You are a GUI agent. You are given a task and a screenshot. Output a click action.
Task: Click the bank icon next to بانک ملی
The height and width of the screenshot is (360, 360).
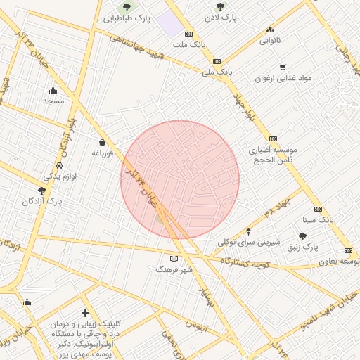(x=217, y=61)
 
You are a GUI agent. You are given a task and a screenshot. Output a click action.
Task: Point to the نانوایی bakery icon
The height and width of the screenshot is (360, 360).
(x=270, y=30)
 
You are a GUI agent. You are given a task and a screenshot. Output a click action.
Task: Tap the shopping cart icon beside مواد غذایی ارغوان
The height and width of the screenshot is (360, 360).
(x=283, y=68)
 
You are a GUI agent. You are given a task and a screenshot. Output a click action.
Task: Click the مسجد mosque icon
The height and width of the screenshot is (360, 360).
(x=53, y=90)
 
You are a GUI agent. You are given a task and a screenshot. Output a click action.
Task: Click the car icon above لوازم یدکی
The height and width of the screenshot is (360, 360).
(x=59, y=165)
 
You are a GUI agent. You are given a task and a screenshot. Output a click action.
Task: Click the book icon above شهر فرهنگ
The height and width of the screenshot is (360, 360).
(x=174, y=259)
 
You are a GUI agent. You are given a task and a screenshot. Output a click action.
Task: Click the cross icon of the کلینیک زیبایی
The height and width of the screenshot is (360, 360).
(x=85, y=313)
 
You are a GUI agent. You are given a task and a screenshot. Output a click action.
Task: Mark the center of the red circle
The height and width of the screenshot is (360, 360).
(x=180, y=179)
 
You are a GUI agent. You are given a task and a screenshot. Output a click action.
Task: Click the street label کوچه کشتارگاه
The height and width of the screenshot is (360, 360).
(x=245, y=262)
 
